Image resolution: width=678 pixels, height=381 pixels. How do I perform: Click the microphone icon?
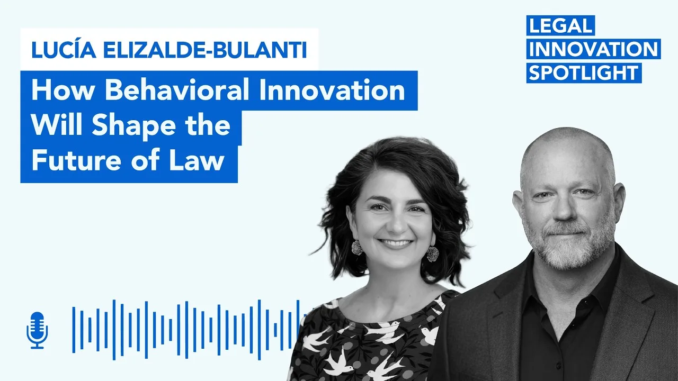(37, 330)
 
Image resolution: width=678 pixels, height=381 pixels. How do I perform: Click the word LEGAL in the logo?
(560, 25)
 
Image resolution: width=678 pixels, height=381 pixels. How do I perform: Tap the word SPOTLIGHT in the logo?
(584, 73)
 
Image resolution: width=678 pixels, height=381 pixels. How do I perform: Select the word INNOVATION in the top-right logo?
(593, 49)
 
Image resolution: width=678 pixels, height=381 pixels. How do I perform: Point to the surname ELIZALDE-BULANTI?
(205, 50)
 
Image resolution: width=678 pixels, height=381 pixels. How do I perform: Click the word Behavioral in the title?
(177, 90)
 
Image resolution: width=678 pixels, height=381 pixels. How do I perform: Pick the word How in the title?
(63, 90)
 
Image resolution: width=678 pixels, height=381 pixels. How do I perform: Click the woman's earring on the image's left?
(357, 248)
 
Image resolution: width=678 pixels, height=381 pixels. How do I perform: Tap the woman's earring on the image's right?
(433, 254)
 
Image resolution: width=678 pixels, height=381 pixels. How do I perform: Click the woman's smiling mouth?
(396, 243)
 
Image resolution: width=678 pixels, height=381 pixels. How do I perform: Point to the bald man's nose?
(565, 208)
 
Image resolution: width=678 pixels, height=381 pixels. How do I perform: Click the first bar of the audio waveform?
(74, 330)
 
